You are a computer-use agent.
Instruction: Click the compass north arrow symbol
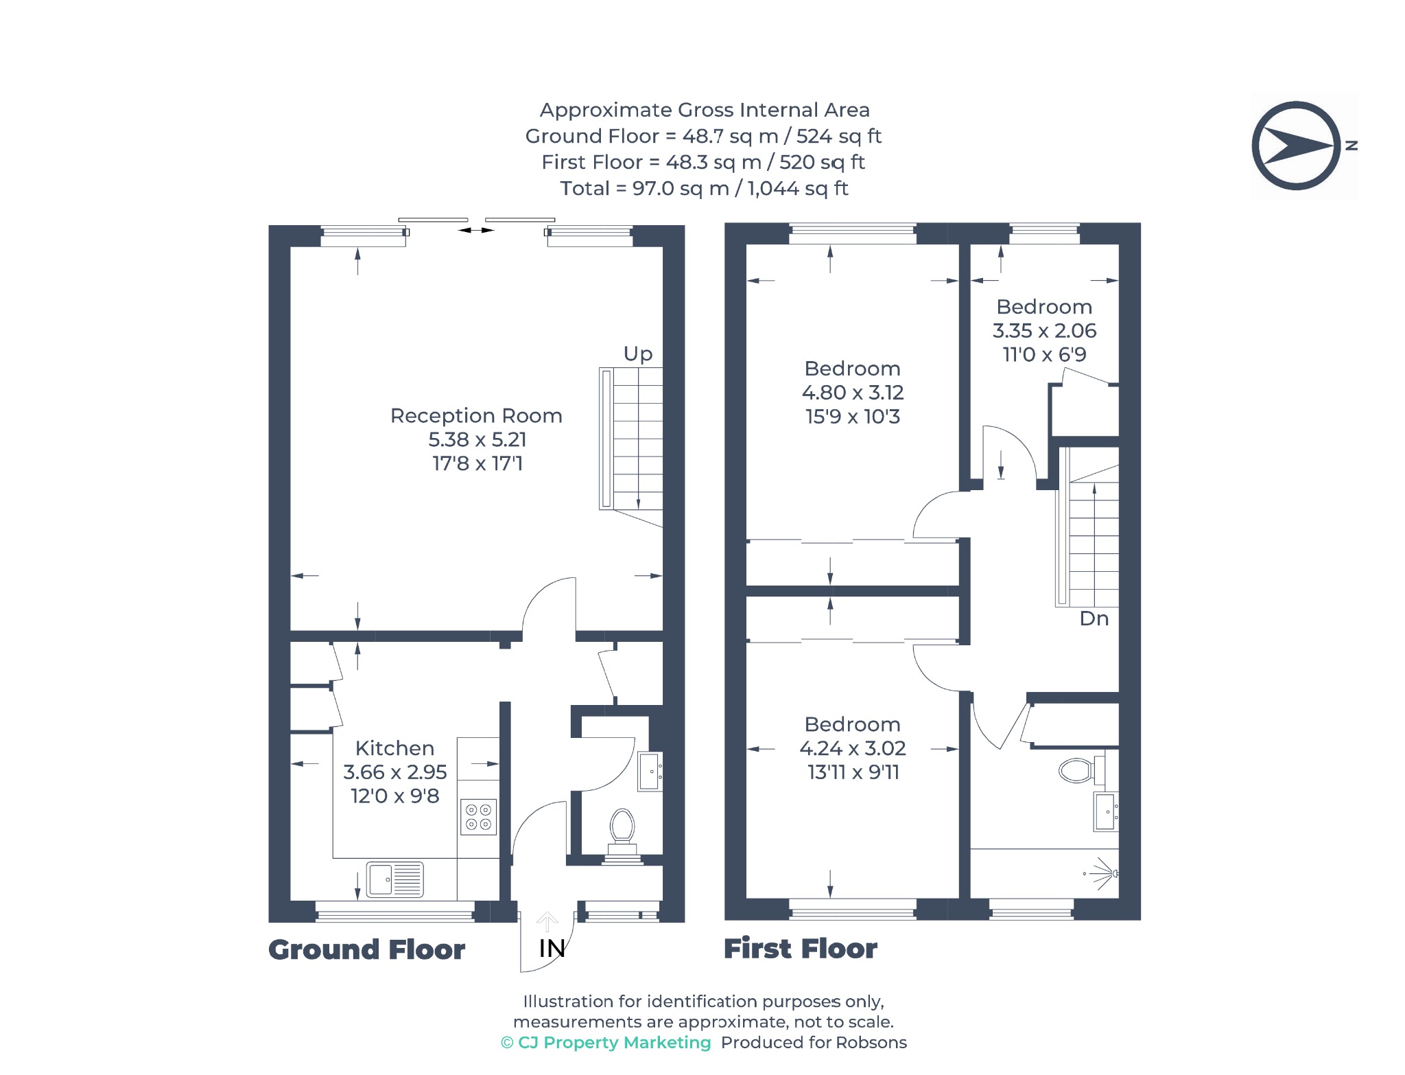tap(1296, 146)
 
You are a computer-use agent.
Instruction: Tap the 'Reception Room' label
tap(476, 415)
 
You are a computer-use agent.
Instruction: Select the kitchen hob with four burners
tap(478, 816)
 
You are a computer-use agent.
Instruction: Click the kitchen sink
tap(395, 879)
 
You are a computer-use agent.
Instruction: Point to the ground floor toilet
tap(622, 834)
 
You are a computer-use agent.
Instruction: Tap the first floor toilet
tap(1082, 770)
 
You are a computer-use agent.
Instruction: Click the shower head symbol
tap(1103, 873)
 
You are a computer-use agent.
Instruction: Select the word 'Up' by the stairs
tap(637, 354)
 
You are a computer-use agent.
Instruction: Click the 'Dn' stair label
tap(1094, 619)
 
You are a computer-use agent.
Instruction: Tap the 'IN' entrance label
tap(552, 948)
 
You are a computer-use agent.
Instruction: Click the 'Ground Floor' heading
tap(366, 949)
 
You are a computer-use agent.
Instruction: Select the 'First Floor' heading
tap(801, 949)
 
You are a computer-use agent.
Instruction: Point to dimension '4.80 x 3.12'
tap(853, 393)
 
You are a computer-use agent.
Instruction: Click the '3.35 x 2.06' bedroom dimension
tap(1044, 331)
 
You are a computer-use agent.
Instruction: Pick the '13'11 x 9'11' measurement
tap(853, 772)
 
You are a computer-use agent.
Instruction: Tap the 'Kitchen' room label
tap(394, 748)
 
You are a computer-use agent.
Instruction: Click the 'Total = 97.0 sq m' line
tap(704, 188)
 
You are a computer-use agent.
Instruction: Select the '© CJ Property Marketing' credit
tap(606, 1042)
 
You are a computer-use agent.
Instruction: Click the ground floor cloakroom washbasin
tap(650, 772)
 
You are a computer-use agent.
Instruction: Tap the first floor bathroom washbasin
tap(1105, 811)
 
